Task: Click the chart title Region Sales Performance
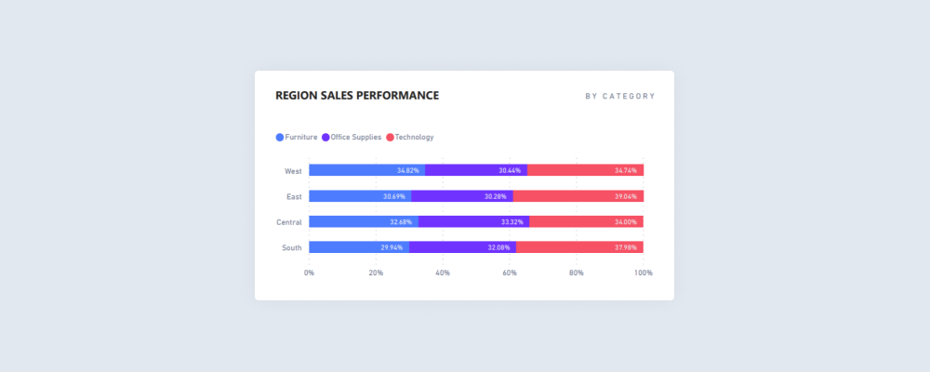357,96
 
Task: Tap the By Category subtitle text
619,97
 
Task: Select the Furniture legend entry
297,138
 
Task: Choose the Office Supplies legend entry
352,138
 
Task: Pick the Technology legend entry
410,138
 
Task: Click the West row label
293,171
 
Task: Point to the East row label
294,196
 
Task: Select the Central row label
289,222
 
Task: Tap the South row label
292,247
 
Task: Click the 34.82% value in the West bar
407,171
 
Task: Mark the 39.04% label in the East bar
625,196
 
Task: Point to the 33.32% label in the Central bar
511,222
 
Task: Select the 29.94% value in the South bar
392,247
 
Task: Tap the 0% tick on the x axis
309,272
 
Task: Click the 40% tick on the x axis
443,272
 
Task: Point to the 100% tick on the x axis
643,272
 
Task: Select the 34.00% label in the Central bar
625,222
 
